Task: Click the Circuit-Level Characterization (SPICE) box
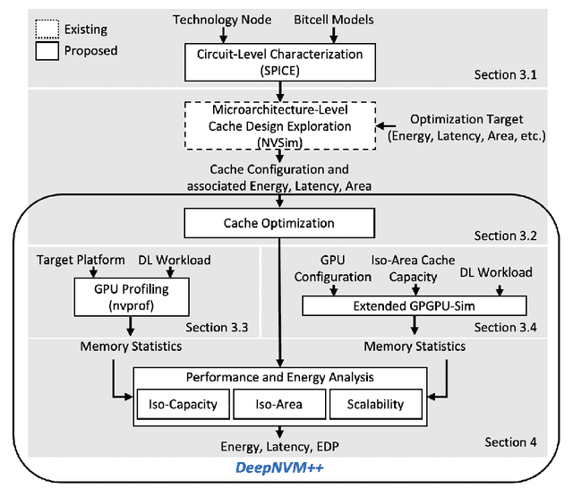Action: (281, 61)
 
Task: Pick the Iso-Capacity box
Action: (182, 404)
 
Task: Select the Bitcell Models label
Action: (333, 19)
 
